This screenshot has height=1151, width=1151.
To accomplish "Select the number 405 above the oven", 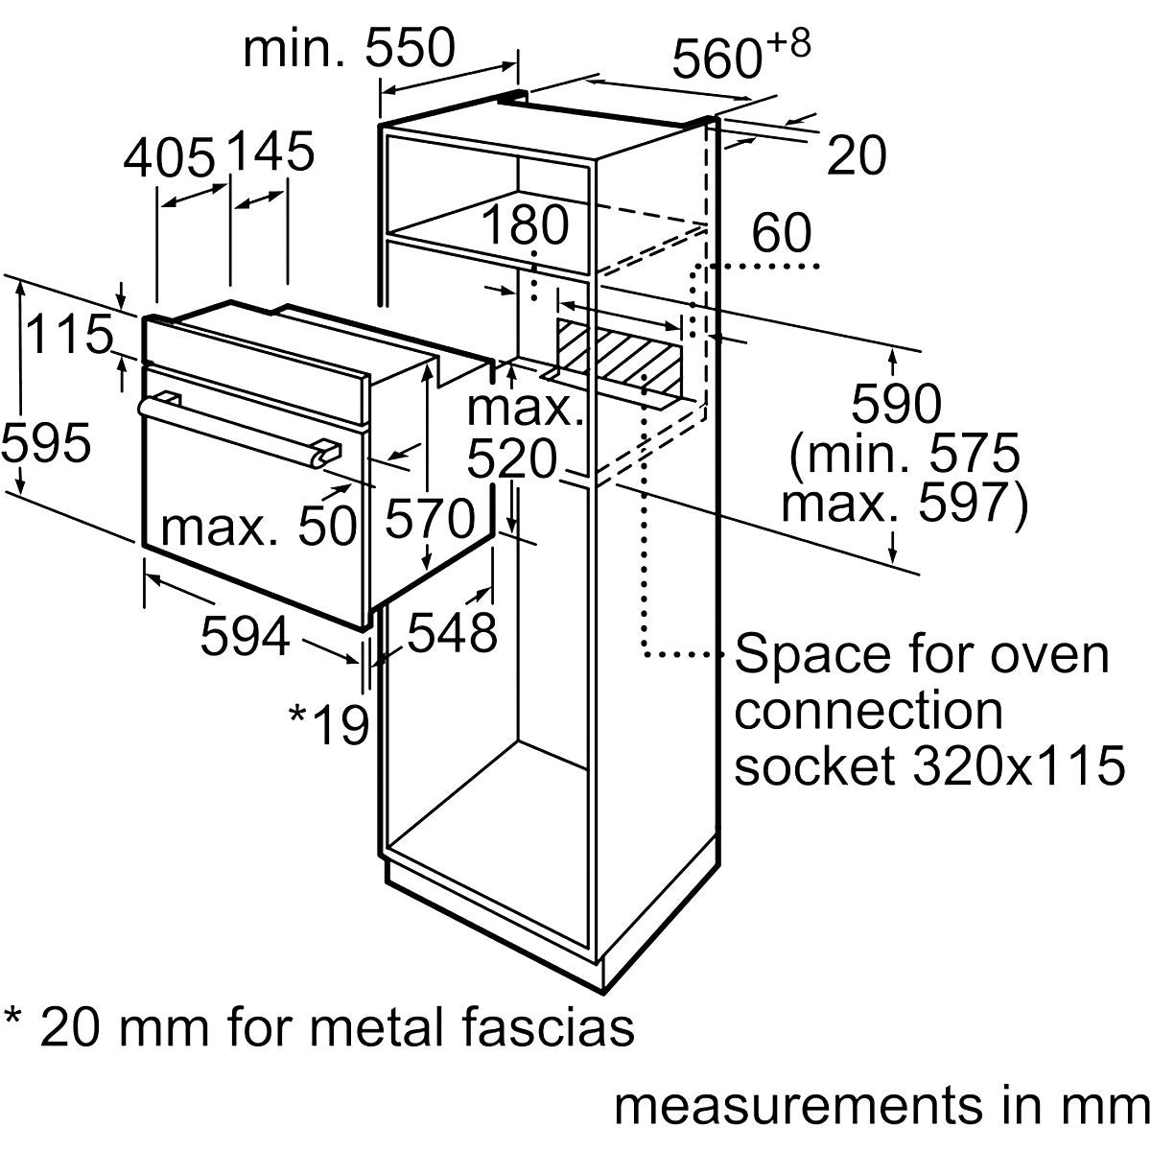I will click(169, 156).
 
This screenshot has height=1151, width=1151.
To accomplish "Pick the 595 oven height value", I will click(46, 443).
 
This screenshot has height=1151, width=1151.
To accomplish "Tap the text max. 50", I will click(259, 526).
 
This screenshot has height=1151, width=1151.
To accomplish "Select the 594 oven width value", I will click(245, 636).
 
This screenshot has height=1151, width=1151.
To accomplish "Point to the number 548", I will click(452, 632).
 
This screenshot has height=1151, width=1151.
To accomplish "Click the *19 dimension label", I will click(329, 724).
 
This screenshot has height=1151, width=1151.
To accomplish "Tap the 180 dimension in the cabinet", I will click(525, 226).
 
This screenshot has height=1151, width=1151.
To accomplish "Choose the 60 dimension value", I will click(782, 233).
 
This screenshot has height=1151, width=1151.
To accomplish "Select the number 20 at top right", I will click(857, 156).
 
